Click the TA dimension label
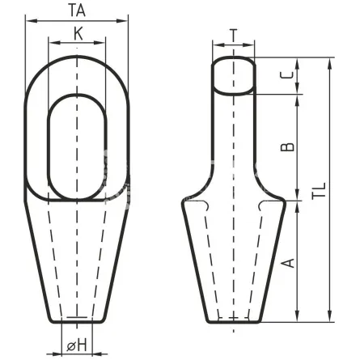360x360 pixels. (77, 11)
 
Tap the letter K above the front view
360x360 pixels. (78, 34)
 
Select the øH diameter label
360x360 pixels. (77, 345)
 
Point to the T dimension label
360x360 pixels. (234, 36)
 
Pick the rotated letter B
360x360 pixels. (287, 147)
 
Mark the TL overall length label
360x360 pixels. (319, 191)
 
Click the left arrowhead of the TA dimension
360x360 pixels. (31, 21)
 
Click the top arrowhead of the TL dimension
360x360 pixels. (329, 63)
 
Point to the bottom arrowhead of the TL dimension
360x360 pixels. (329, 316)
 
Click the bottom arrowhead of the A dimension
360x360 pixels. (298, 316)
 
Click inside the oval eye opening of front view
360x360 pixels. (78, 147)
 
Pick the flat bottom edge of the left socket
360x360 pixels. (77, 322)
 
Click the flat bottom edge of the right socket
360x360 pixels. (234, 322)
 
